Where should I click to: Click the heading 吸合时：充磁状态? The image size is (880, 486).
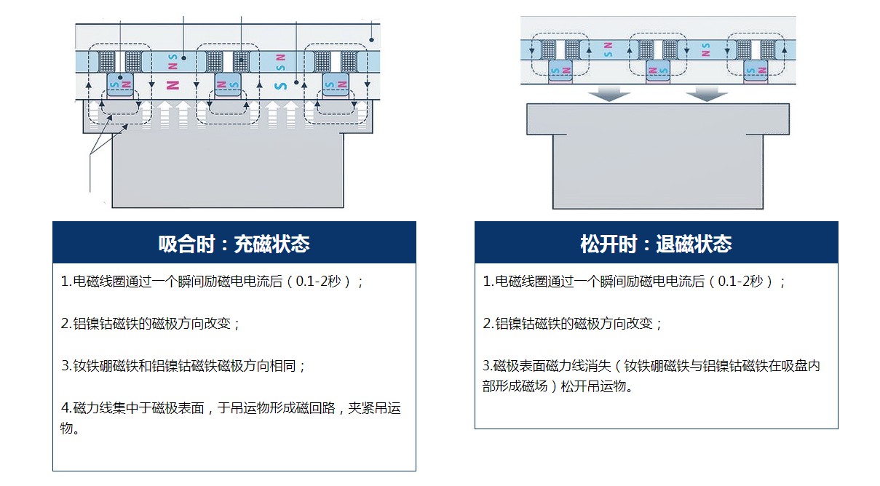[234, 244]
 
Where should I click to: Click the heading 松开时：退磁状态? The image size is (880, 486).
[655, 244]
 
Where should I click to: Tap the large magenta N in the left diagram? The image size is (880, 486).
[173, 85]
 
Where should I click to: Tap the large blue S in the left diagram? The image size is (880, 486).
[280, 85]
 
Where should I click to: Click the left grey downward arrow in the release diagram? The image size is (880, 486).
[609, 94]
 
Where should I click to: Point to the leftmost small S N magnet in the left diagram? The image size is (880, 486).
[120, 84]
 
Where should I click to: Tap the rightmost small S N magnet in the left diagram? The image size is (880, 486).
[336, 84]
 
